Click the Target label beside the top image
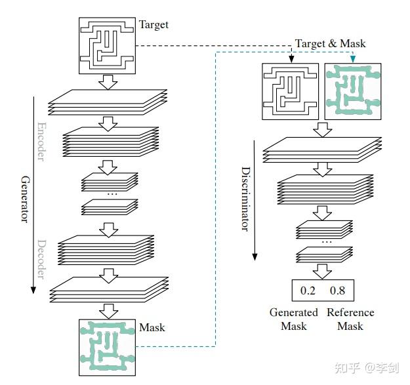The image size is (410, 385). point(154,25)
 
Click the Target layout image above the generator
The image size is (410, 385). point(106,45)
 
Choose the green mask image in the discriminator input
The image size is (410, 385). point(353,91)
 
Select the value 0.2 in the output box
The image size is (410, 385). point(308,289)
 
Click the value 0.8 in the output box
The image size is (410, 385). point(338,289)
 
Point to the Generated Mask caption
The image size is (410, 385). point(293,319)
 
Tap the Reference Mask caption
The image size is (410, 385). point(350,319)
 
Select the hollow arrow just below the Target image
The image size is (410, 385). point(106,82)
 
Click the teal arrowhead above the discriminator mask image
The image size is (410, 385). point(353,60)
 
